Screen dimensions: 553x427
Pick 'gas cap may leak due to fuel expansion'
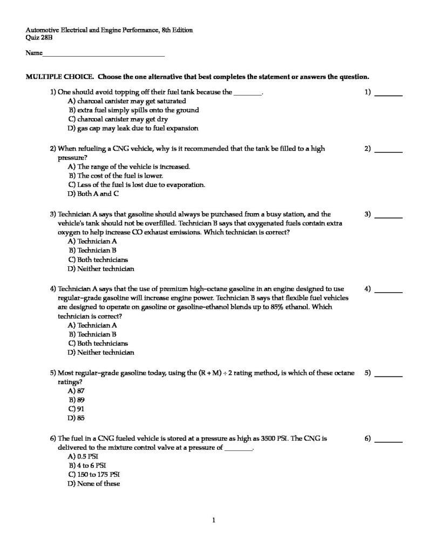[x=133, y=129]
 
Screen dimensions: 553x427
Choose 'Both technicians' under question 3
[x=97, y=259]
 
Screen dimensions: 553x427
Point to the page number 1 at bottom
[x=214, y=521]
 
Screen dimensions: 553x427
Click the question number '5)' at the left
[x=53, y=373]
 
